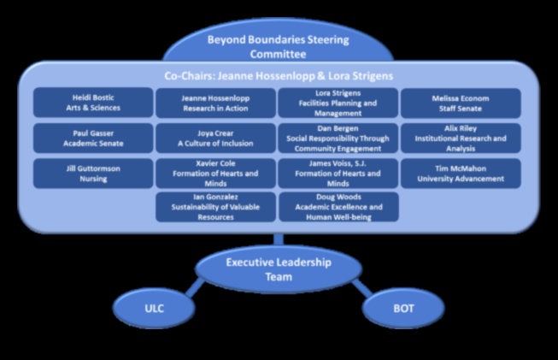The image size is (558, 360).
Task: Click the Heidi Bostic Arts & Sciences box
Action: [94, 103]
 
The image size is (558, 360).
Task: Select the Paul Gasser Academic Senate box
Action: [94, 138]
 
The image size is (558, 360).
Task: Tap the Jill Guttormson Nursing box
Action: [94, 173]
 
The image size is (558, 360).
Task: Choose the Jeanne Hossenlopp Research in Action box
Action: [216, 103]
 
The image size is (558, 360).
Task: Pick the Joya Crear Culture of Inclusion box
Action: [216, 138]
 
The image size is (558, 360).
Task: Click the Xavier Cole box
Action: [216, 173]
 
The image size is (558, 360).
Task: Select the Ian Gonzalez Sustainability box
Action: [216, 207]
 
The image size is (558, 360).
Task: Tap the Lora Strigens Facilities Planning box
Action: [338, 103]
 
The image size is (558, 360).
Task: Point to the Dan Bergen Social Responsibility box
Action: [338, 138]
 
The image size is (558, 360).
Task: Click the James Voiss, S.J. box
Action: [338, 173]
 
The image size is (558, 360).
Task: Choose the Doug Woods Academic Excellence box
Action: [338, 207]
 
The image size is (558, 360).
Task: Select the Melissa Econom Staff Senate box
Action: [461, 103]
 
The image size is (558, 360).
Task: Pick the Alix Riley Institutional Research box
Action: [461, 138]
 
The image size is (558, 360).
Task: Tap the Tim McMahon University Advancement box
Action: [461, 173]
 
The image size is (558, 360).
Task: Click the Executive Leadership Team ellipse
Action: [279, 269]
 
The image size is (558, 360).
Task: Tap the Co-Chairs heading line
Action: [279, 76]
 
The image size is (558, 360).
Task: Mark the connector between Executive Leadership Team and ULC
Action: [196, 286]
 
